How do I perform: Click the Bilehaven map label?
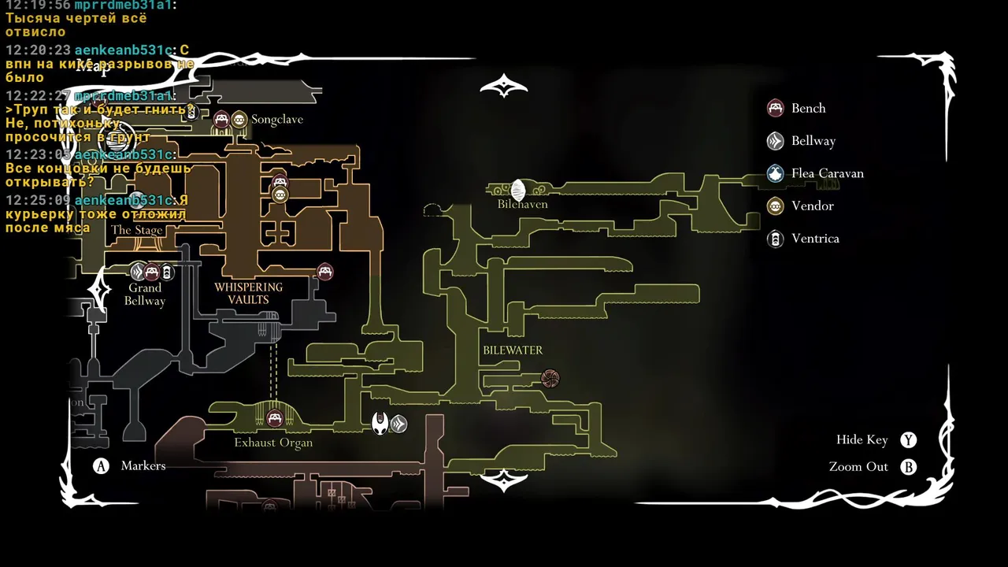522,204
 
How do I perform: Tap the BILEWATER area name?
513,350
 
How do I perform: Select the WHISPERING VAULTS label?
248,293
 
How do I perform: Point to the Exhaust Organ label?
273,443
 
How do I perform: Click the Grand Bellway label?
145,294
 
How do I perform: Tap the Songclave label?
276,120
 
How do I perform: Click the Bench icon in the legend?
776,109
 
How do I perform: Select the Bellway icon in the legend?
776,141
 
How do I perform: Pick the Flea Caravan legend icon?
776,173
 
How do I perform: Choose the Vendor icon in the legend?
776,206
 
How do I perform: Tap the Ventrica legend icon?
776,239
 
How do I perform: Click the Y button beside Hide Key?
909,440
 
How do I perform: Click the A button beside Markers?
101,466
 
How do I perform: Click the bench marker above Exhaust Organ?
275,419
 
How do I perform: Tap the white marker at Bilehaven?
518,190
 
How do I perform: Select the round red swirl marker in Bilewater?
550,379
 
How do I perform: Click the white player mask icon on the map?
380,423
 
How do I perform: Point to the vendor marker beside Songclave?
239,120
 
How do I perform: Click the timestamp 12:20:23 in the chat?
38,50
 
